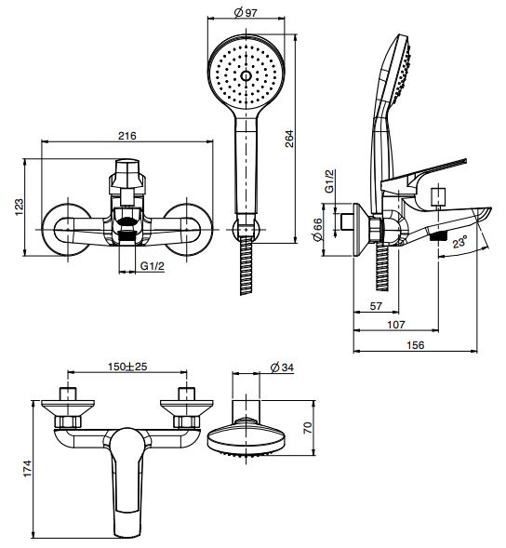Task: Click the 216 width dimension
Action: [x=126, y=136]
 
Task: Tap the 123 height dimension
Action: [x=19, y=207]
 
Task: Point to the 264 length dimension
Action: [x=289, y=139]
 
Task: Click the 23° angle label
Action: [x=459, y=242]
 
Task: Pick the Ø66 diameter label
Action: [x=317, y=230]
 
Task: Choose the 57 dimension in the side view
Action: [x=376, y=306]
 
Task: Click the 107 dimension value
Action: [x=396, y=325]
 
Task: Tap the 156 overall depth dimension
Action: [x=416, y=345]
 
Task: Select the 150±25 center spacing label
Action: [x=127, y=367]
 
